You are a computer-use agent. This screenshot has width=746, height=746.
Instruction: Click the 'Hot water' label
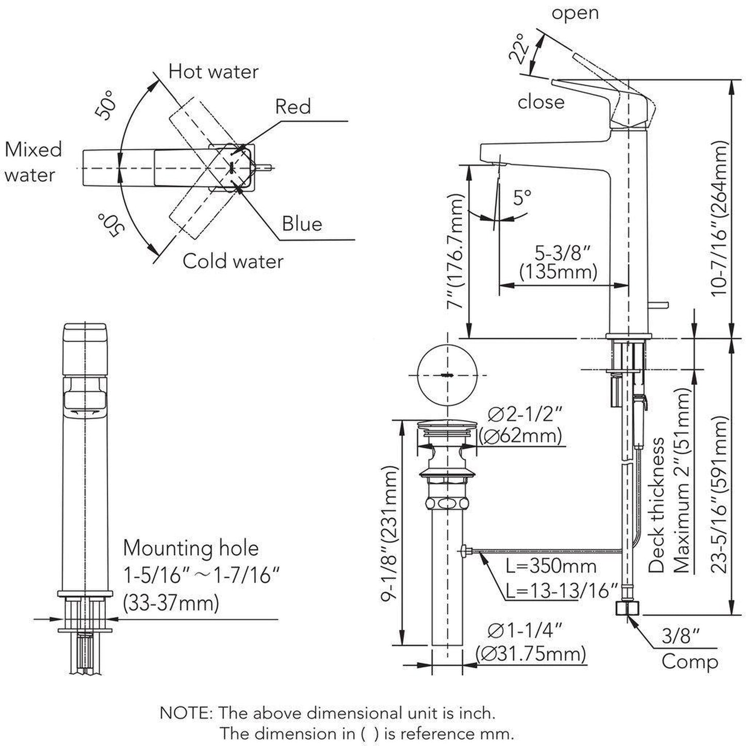(x=213, y=71)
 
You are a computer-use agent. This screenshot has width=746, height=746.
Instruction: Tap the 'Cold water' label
(x=233, y=261)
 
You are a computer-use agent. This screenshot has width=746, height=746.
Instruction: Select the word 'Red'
(x=293, y=107)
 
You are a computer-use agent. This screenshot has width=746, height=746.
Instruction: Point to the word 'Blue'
(x=301, y=224)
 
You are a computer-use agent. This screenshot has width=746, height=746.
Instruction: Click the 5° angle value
(x=522, y=198)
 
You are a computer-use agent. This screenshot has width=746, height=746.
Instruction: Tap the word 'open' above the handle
(x=575, y=13)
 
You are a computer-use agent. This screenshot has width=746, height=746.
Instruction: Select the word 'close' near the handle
(x=541, y=102)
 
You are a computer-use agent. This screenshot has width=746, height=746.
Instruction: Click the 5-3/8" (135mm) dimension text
(x=558, y=263)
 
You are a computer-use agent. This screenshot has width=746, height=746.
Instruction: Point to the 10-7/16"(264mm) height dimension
(x=719, y=219)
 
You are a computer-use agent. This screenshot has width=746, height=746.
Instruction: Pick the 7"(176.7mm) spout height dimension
(x=454, y=251)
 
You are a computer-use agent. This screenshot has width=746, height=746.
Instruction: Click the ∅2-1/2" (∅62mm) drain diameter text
(x=521, y=425)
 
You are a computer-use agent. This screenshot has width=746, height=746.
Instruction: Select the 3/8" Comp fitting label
(x=689, y=649)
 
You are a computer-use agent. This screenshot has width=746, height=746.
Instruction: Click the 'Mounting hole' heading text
(x=191, y=548)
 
